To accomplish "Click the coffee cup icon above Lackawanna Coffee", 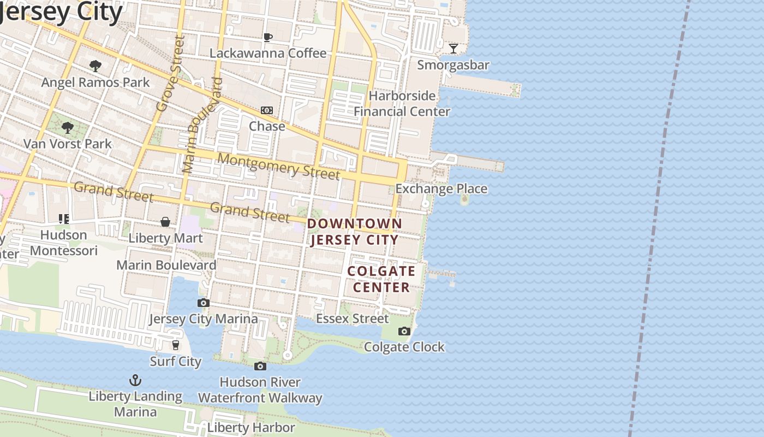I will pyautogui.click(x=267, y=37).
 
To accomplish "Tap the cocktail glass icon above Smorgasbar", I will pyautogui.click(x=453, y=49).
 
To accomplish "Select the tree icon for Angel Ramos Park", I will pyautogui.click(x=95, y=66).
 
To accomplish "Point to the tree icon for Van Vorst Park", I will pyautogui.click(x=68, y=128).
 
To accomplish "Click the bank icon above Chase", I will pyautogui.click(x=267, y=110).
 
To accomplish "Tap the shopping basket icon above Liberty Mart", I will pyautogui.click(x=165, y=222).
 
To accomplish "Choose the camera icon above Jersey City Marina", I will pyautogui.click(x=204, y=303).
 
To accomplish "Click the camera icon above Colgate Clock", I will pyautogui.click(x=404, y=331).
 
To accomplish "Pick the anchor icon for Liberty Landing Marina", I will pyautogui.click(x=135, y=380).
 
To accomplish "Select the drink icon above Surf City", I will pyautogui.click(x=176, y=345).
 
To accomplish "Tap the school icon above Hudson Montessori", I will pyautogui.click(x=64, y=219).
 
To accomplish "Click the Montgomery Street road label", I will pyautogui.click(x=279, y=167).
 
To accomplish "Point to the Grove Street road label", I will pyautogui.click(x=170, y=74).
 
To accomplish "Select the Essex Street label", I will pyautogui.click(x=353, y=318).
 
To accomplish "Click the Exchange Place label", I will pyautogui.click(x=441, y=189).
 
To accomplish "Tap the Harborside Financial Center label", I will pyautogui.click(x=402, y=104).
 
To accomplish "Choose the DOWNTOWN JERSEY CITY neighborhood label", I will pyautogui.click(x=355, y=232).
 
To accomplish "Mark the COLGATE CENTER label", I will pyautogui.click(x=381, y=279).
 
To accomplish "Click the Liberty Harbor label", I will pyautogui.click(x=251, y=427).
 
